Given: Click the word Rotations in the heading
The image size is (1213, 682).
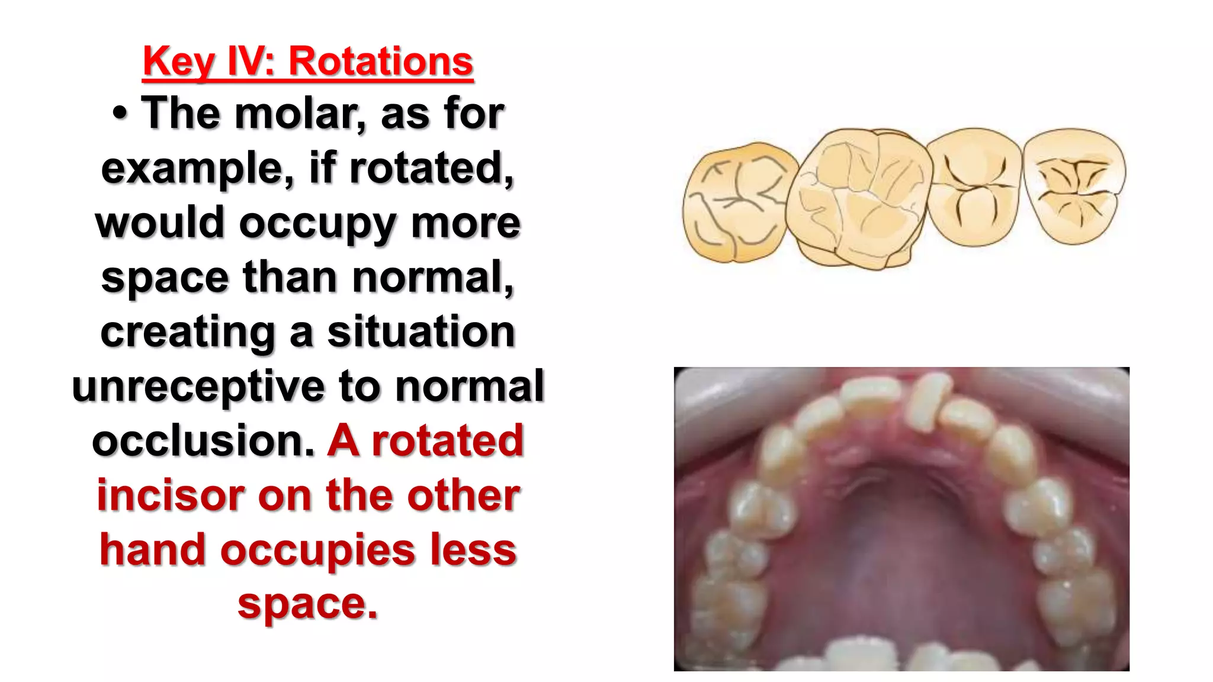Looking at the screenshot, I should pyautogui.click(x=381, y=61).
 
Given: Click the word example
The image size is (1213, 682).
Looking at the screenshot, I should pyautogui.click(x=198, y=169).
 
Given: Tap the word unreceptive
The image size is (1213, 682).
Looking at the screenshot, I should pyautogui.click(x=198, y=387).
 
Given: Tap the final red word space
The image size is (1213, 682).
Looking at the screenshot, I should pyautogui.click(x=307, y=604).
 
